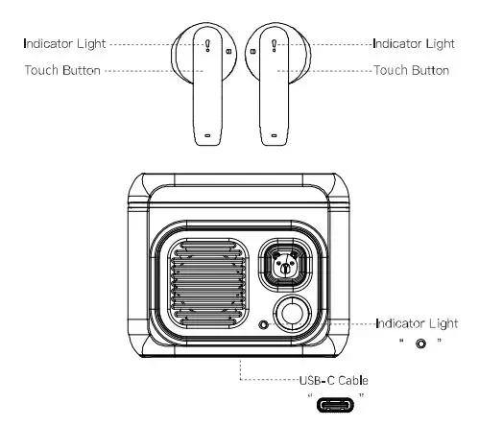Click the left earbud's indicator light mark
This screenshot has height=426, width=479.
click(x=208, y=44)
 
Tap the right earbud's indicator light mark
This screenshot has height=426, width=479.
click(x=275, y=44)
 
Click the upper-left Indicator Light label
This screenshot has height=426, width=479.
click(x=65, y=43)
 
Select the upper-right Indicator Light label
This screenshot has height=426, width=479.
click(x=413, y=43)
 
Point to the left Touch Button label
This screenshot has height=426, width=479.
click(x=62, y=70)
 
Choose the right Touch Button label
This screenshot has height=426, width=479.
click(x=411, y=70)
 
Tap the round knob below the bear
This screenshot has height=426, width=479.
click(x=293, y=314)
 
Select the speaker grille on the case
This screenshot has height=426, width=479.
click(x=204, y=286)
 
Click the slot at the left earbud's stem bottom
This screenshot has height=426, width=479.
click(x=209, y=135)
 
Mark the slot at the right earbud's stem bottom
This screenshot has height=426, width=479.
click(x=275, y=135)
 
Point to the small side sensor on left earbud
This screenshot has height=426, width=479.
click(x=228, y=51)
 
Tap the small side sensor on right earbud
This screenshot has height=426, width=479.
click(x=254, y=51)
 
